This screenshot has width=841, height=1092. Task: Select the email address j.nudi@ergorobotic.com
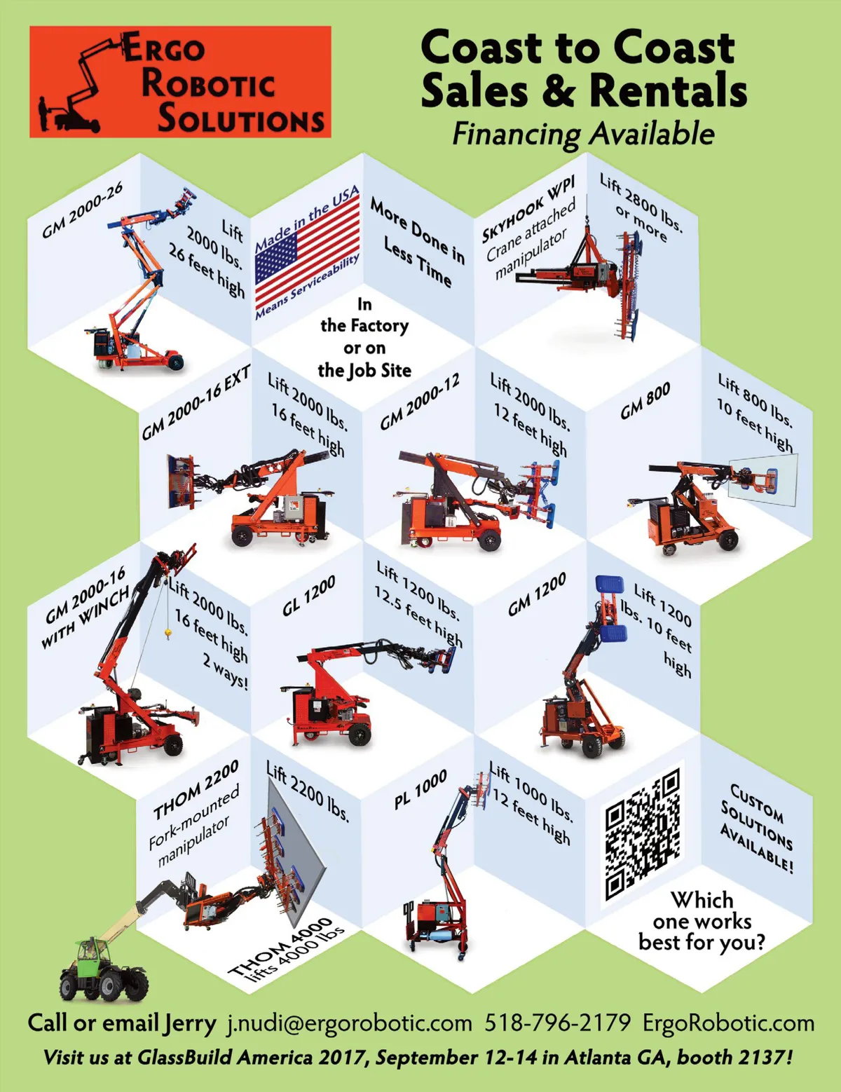pyautogui.click(x=348, y=1023)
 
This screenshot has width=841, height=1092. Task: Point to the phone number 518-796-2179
pyautogui.click(x=557, y=1023)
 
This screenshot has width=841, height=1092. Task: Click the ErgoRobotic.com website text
pyautogui.click(x=728, y=1023)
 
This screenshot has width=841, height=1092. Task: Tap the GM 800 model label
pyautogui.click(x=645, y=401)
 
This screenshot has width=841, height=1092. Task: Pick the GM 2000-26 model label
pyautogui.click(x=83, y=210)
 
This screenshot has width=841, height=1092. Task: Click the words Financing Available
pyautogui.click(x=583, y=135)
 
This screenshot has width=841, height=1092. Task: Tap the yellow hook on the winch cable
pyautogui.click(x=167, y=633)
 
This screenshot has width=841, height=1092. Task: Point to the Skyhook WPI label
pyautogui.click(x=528, y=210)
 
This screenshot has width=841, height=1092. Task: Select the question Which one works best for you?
pyautogui.click(x=702, y=921)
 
